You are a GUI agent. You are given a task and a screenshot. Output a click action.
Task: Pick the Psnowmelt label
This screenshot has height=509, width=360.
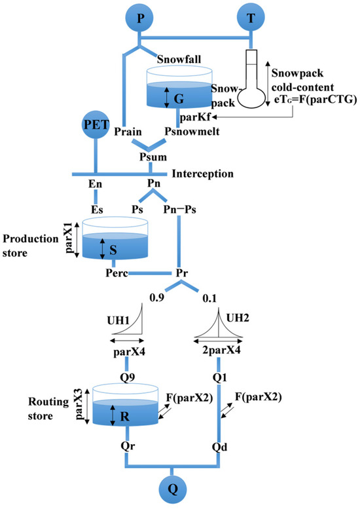(x=179, y=130)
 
